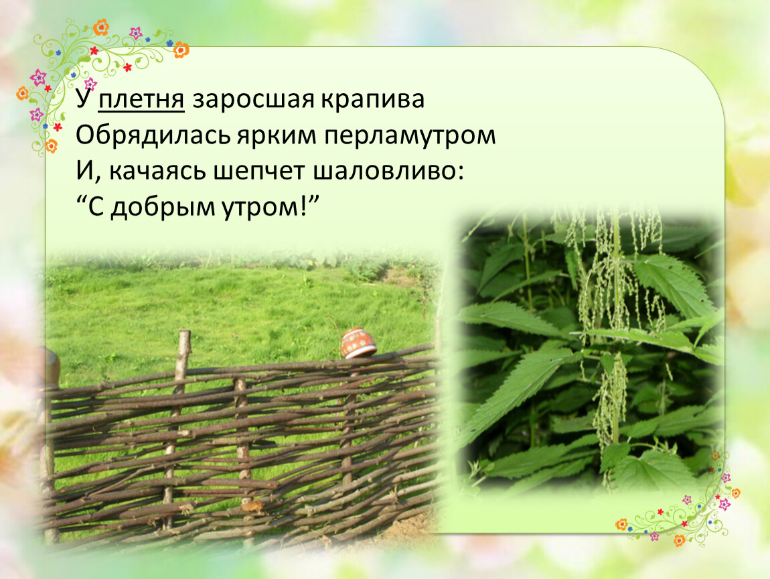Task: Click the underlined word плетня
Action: tap(141, 101)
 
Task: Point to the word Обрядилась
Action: tap(153, 135)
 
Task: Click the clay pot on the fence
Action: tap(358, 342)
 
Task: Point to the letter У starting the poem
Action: tap(84, 99)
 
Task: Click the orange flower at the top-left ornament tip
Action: tap(100, 27)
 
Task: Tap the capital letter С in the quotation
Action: tap(96, 207)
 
